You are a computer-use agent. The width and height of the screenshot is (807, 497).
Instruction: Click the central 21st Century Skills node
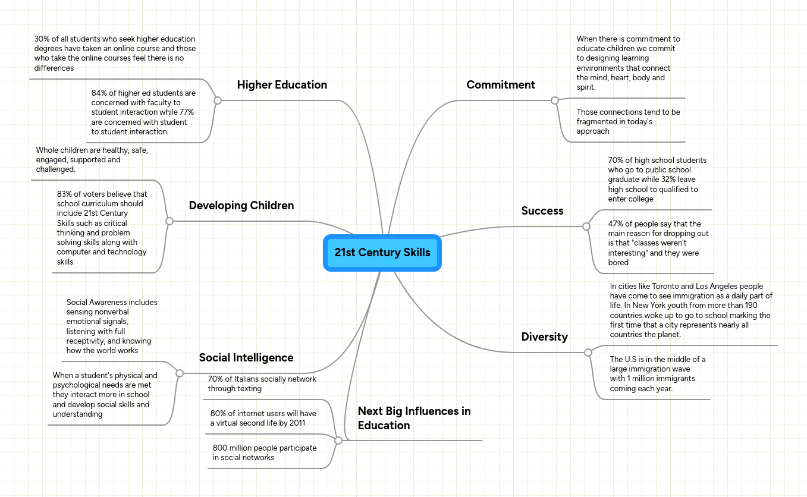(x=382, y=253)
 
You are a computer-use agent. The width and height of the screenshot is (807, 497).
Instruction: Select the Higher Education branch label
(x=282, y=85)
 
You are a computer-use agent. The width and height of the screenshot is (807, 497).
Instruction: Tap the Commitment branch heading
(x=501, y=85)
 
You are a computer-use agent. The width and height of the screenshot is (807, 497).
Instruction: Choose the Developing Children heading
(x=241, y=206)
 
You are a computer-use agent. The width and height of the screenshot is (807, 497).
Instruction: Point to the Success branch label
(x=542, y=211)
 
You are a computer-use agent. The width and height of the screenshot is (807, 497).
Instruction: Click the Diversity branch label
(x=544, y=337)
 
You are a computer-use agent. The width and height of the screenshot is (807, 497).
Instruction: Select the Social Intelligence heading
(x=246, y=358)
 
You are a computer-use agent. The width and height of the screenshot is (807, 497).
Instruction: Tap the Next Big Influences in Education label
(x=414, y=419)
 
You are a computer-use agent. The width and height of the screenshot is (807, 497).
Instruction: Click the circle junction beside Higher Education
(x=218, y=100)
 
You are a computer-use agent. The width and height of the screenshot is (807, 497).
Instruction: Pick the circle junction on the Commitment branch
(x=555, y=100)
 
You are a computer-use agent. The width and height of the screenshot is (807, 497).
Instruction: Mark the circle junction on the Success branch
(x=586, y=227)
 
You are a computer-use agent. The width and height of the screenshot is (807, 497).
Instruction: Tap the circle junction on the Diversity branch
(x=588, y=353)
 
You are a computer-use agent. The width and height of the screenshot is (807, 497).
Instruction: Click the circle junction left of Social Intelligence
(x=180, y=373)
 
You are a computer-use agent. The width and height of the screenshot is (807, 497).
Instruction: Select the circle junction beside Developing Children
(x=169, y=221)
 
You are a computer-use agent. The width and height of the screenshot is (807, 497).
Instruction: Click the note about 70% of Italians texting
(x=262, y=384)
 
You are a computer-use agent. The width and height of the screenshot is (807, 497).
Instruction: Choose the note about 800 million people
(x=265, y=453)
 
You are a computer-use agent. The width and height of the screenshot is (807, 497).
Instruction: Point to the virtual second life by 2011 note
(x=263, y=419)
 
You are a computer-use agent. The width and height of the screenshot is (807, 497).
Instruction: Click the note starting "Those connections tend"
(x=628, y=121)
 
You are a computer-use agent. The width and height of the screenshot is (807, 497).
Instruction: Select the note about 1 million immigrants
(x=658, y=374)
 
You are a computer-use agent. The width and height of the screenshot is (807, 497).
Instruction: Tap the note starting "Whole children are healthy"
(x=92, y=160)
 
